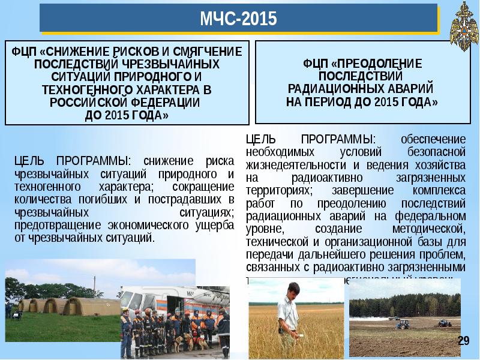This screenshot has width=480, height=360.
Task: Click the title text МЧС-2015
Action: click(239, 20)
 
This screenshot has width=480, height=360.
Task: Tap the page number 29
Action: click(463, 341)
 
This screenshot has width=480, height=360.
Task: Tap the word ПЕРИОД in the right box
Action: click(338, 102)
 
